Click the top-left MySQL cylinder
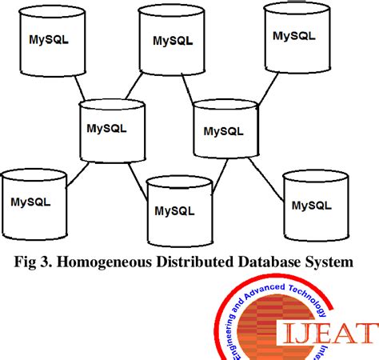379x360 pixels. pyautogui.click(x=47, y=42)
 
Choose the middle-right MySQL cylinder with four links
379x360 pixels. pyautogui.click(x=225, y=130)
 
